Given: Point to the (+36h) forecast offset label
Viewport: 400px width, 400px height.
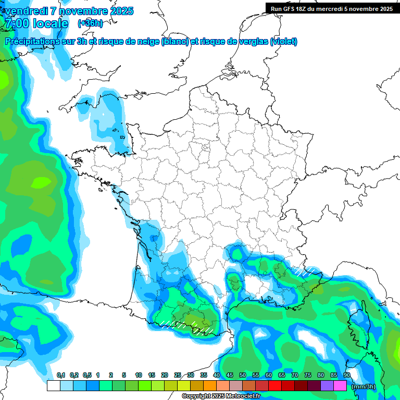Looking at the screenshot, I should click(x=90, y=23).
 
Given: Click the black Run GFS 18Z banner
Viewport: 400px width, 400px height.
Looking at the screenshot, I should click(x=332, y=8).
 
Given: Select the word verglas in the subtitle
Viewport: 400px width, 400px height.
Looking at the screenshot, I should click(x=252, y=42).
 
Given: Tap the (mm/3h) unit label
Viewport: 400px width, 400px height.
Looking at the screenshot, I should click(x=363, y=386).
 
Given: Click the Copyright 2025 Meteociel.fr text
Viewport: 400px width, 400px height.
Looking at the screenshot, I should click(x=221, y=396).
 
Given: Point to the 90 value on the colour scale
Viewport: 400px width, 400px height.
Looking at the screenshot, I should click(x=347, y=376).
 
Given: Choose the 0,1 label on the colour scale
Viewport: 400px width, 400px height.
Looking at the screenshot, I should click(x=61, y=376).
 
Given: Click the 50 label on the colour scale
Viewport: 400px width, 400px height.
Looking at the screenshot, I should click(x=243, y=376).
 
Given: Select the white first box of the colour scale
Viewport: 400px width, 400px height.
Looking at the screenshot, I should click(x=53, y=386).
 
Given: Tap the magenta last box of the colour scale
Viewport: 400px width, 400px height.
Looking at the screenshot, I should click(x=340, y=386).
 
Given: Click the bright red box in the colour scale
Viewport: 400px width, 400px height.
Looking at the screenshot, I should click(x=275, y=386).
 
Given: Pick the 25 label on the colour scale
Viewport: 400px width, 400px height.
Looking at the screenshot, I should click(x=178, y=376).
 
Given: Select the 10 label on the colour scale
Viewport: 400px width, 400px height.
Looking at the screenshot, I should click(x=139, y=376).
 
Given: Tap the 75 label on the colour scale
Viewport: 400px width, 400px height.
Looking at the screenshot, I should click(x=308, y=376).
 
